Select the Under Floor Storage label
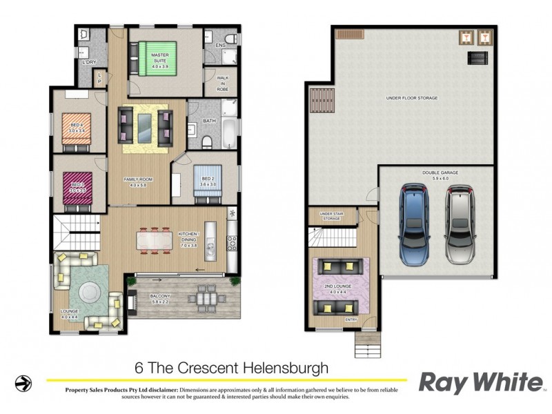(x=411, y=98)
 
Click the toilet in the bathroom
(x=208, y=142)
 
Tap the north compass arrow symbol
(x=23, y=382)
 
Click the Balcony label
(x=161, y=299)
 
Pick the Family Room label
(x=138, y=181)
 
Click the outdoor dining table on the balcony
(x=206, y=298)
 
